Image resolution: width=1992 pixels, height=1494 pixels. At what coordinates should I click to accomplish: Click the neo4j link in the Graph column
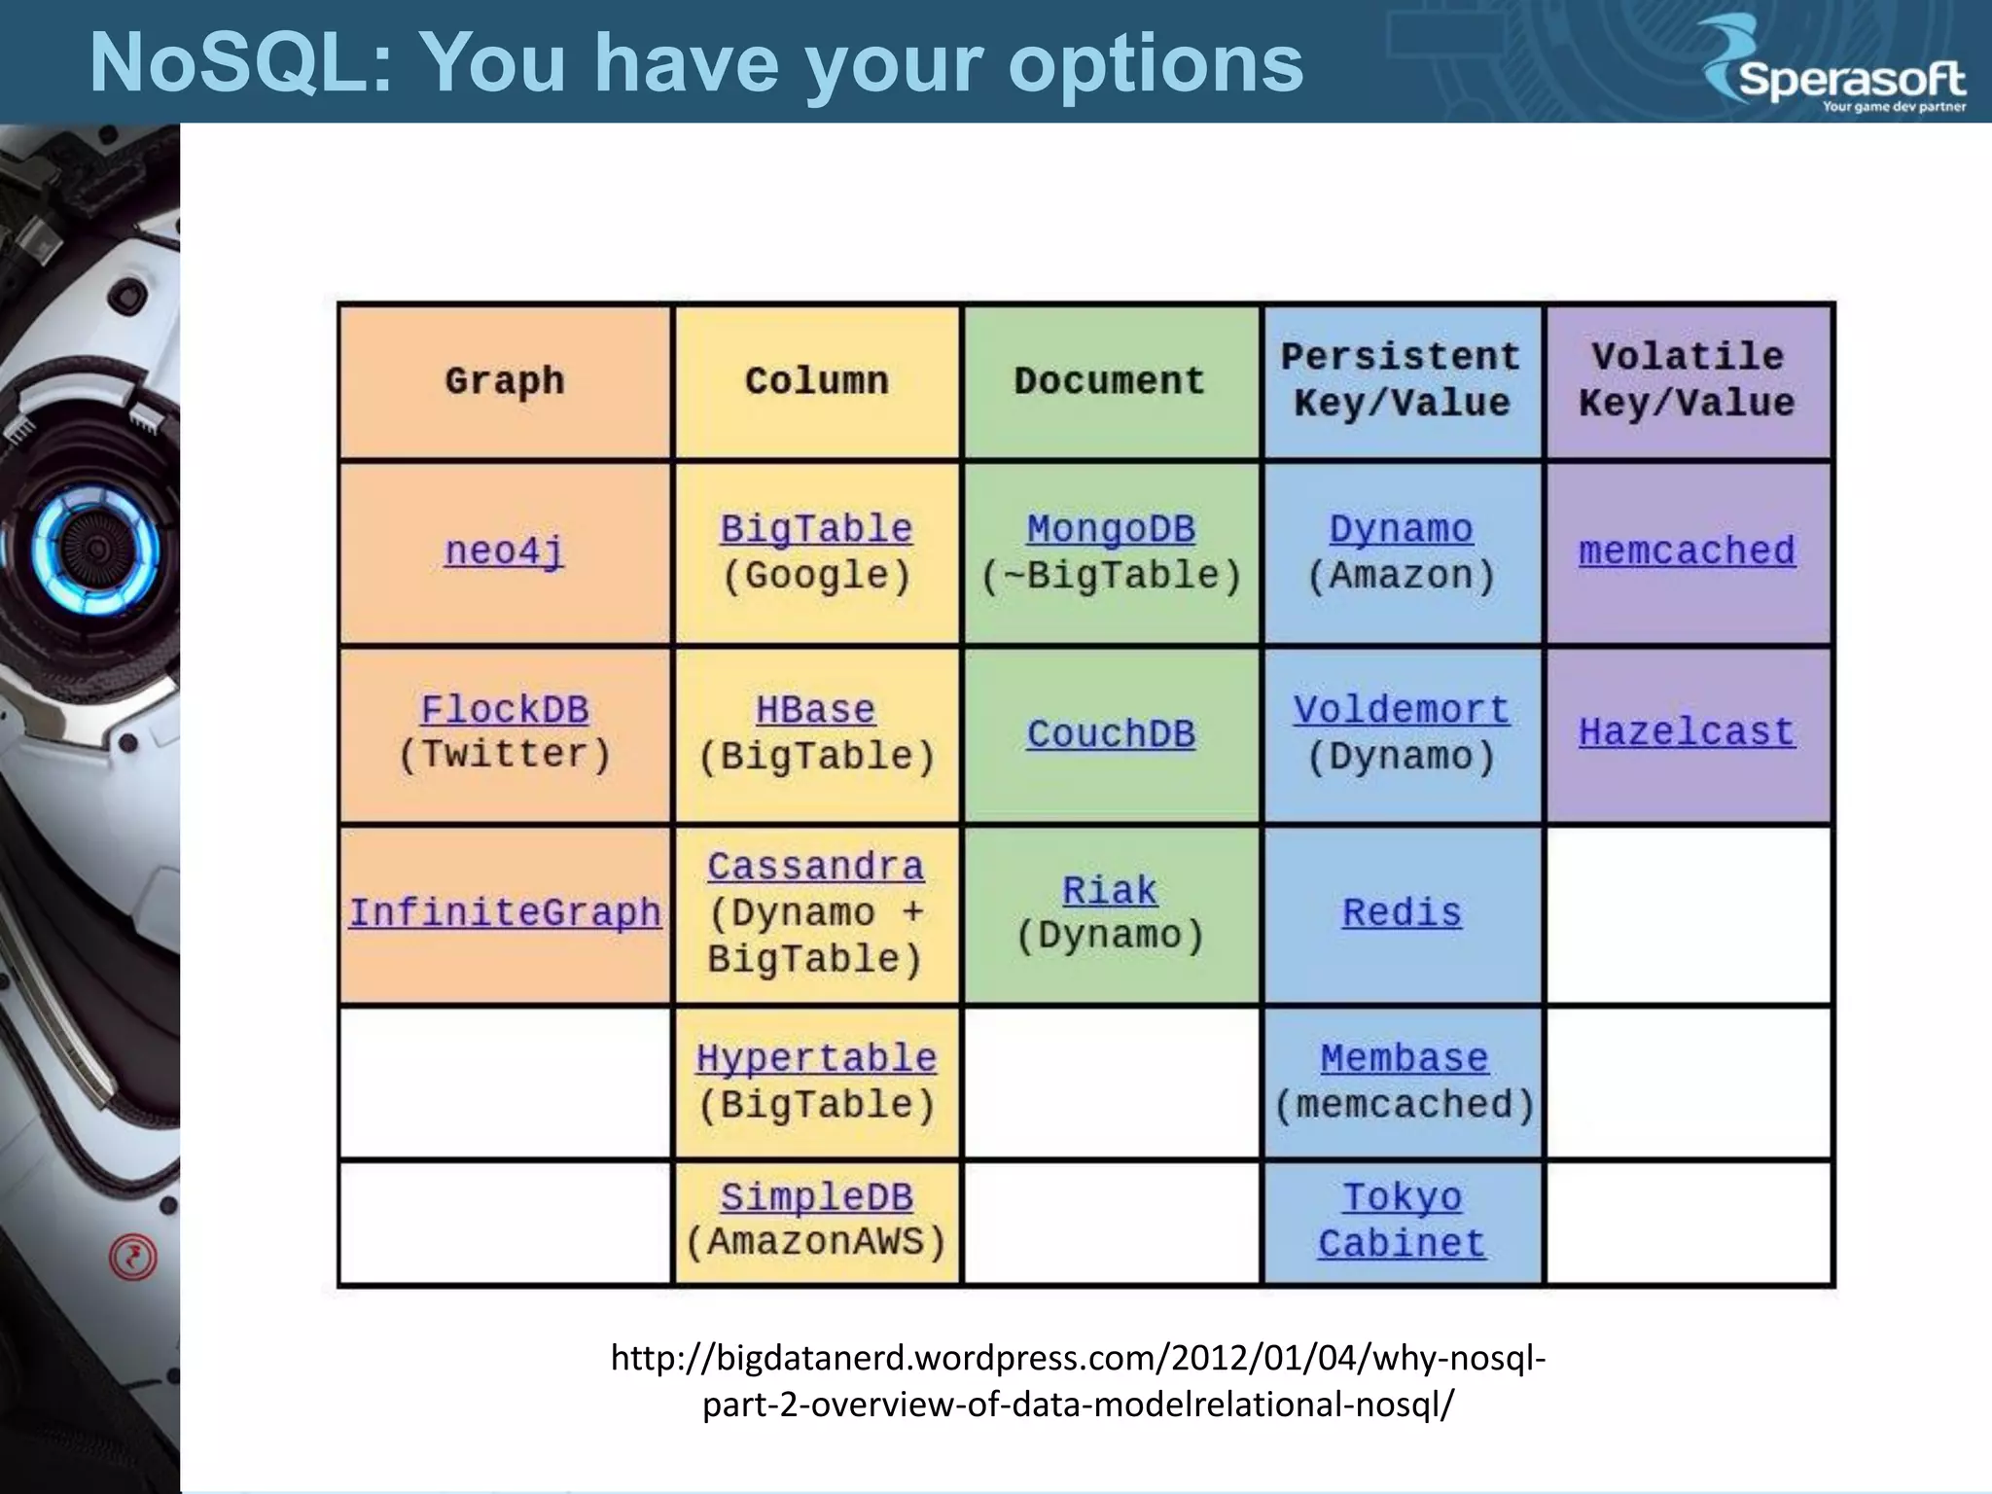pos(504,551)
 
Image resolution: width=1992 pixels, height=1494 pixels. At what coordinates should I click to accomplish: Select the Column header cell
pos(817,381)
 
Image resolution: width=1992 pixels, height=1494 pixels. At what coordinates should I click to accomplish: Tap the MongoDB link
pos(1111,530)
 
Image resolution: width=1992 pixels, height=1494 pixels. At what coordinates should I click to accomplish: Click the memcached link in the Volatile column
pos(1687,551)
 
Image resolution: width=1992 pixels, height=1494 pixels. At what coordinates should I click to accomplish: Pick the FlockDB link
pos(504,710)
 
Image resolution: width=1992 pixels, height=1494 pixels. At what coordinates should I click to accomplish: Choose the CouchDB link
pos(1111,734)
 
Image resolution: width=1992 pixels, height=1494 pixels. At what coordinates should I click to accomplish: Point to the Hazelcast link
pos(1687,732)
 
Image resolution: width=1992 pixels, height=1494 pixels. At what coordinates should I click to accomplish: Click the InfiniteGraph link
pos(505,913)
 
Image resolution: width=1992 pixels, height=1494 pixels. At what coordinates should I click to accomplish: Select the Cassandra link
pos(815,867)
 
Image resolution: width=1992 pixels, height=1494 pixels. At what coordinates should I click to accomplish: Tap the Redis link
pos(1402,913)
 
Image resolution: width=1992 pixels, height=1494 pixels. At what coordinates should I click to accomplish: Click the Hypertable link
pos(816,1058)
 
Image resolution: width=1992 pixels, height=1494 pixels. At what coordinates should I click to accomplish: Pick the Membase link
pos(1404,1058)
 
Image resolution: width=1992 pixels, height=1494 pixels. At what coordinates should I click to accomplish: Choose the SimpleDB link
pos(816,1197)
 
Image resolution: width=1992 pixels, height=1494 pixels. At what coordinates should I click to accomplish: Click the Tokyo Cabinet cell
pos(1402,1222)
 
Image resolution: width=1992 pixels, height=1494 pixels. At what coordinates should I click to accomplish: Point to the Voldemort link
pos(1402,710)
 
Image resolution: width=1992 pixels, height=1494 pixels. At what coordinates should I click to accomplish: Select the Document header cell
pos(1110,381)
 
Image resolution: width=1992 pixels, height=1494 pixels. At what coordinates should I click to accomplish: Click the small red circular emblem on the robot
pos(133,1258)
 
